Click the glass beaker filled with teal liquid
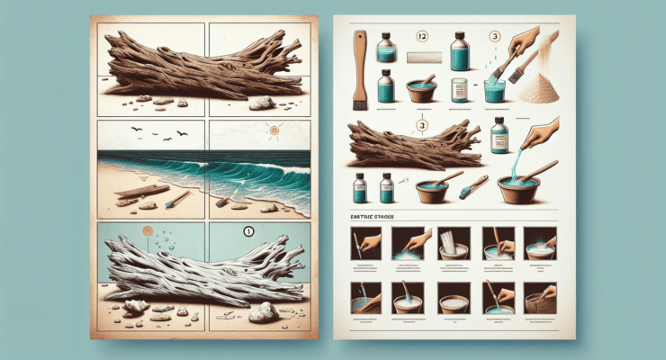point(494,92)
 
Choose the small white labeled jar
point(460,90)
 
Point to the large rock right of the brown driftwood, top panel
point(261,103)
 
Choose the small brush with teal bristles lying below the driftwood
point(471,188)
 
